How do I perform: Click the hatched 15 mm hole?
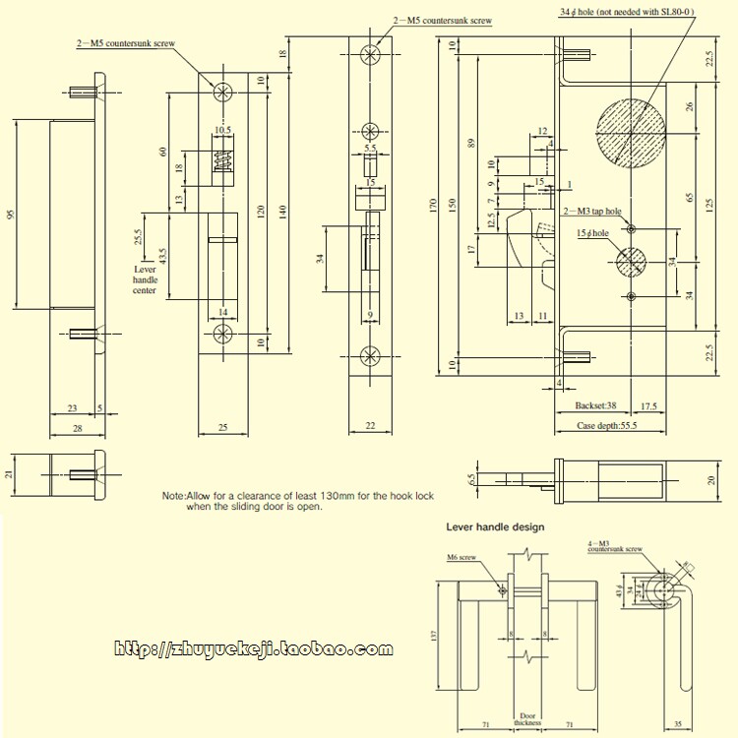(x=631, y=262)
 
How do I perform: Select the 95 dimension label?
(x=12, y=215)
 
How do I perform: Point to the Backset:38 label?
(x=595, y=405)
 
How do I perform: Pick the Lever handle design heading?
(x=495, y=526)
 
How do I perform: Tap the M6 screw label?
(x=461, y=558)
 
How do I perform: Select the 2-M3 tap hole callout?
(x=592, y=212)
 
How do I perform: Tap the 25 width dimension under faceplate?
(x=222, y=427)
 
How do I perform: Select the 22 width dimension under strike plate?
(x=371, y=426)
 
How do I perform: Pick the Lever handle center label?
(x=145, y=279)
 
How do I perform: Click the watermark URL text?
(x=254, y=649)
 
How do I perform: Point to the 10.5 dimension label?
(x=221, y=130)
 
